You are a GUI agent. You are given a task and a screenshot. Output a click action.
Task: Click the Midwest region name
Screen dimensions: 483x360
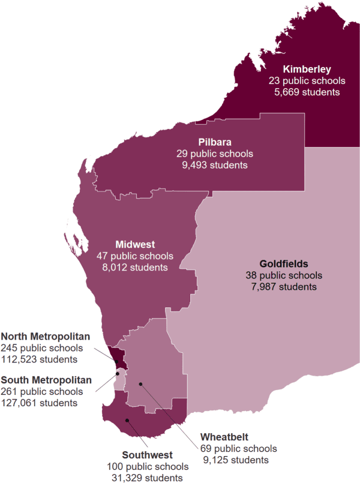click(x=135, y=244)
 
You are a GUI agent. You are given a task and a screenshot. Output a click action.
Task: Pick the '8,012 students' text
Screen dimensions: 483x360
click(x=135, y=268)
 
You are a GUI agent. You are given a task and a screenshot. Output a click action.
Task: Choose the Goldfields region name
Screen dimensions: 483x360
click(x=284, y=263)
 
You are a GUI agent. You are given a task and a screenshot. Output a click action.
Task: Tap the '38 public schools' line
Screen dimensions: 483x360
click(x=284, y=275)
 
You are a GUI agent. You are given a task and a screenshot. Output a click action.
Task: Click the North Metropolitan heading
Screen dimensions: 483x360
click(x=46, y=335)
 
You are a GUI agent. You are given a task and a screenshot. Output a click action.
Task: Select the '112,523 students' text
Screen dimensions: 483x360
click(x=40, y=359)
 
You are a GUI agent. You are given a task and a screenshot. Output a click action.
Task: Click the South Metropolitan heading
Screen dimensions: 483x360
click(x=46, y=379)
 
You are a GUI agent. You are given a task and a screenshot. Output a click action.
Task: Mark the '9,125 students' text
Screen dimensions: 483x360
click(x=235, y=460)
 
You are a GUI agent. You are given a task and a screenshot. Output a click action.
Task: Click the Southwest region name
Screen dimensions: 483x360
click(x=148, y=454)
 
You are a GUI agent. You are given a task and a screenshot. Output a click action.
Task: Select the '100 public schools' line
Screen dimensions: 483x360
click(x=148, y=466)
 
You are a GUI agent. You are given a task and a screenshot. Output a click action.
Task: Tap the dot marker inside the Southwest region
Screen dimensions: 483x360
click(x=127, y=420)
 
